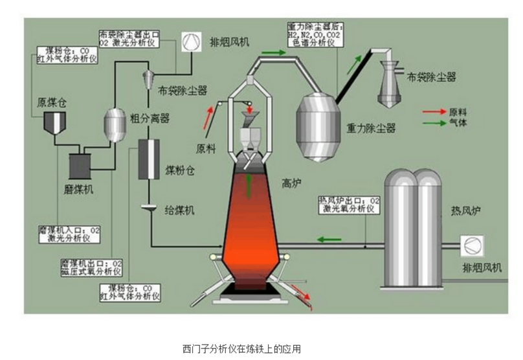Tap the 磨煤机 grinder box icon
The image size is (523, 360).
(82, 165)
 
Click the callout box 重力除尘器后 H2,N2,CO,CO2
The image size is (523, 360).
(315, 35)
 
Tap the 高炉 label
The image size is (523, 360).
(294, 183)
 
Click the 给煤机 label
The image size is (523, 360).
(179, 210)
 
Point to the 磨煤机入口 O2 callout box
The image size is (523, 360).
(69, 234)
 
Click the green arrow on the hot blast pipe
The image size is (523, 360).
(329, 238)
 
